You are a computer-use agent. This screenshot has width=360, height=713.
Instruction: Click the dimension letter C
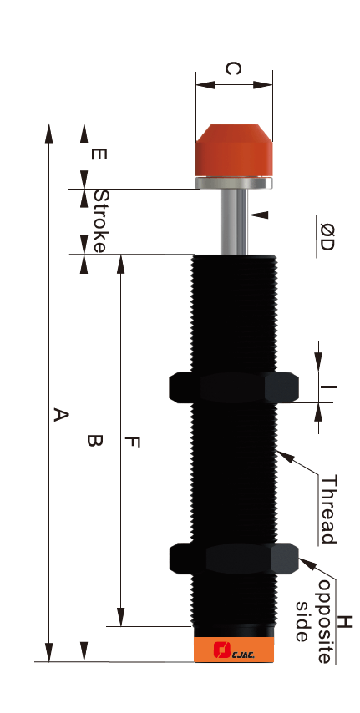[234, 69]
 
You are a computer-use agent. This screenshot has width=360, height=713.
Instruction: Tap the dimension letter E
[99, 154]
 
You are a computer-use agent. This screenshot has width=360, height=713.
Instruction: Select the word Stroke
[101, 221]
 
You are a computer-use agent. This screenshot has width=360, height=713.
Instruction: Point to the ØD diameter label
[326, 237]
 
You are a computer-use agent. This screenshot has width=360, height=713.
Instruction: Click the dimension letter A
[60, 415]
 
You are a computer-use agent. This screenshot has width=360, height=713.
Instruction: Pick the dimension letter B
[94, 440]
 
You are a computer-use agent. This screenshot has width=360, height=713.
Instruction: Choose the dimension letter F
[132, 442]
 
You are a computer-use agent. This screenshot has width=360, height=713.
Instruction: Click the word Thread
[328, 510]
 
